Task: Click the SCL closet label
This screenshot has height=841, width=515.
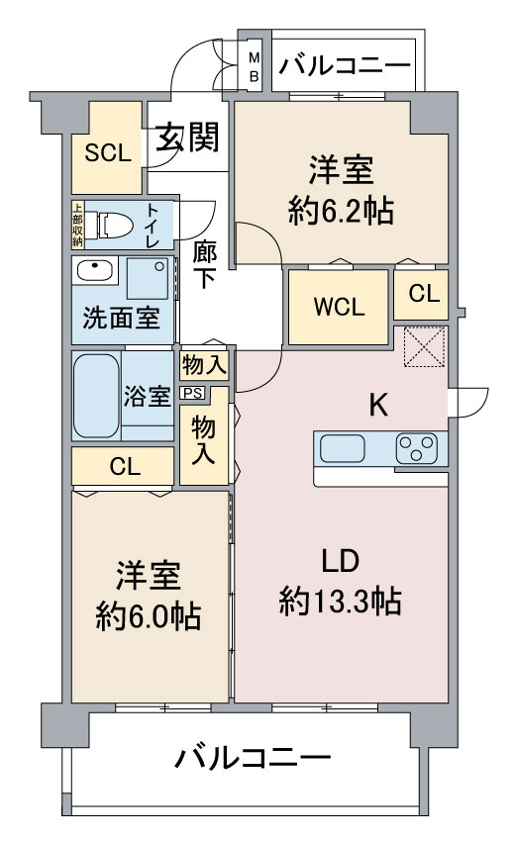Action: pyautogui.click(x=108, y=154)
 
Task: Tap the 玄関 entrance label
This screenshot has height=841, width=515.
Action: pyautogui.click(x=188, y=137)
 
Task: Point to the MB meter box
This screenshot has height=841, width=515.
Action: pyautogui.click(x=254, y=67)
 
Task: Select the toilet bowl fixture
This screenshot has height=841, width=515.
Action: pyautogui.click(x=110, y=225)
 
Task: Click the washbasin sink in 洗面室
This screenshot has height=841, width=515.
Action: pyautogui.click(x=94, y=271)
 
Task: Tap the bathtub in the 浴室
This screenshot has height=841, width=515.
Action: pyautogui.click(x=97, y=396)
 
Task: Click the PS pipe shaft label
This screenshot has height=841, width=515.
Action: pyautogui.click(x=192, y=393)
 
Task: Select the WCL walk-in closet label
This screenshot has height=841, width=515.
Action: pyautogui.click(x=339, y=307)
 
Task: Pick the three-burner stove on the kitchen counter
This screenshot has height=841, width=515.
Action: pyautogui.click(x=417, y=449)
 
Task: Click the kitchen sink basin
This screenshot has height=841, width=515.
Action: pyautogui.click(x=343, y=448)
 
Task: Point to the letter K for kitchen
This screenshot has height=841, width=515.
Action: pyautogui.click(x=378, y=405)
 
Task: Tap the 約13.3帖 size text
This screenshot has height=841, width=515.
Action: pyautogui.click(x=341, y=601)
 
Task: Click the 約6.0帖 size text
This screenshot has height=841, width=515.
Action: pyautogui.click(x=149, y=616)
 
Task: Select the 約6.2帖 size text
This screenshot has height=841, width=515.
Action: pyautogui.click(x=341, y=211)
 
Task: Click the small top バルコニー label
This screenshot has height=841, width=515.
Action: pyautogui.click(x=345, y=66)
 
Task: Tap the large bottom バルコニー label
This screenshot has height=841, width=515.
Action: pyautogui.click(x=253, y=758)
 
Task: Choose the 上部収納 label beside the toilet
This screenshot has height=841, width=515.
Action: pyautogui.click(x=78, y=225)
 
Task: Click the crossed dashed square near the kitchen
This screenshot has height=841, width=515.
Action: pyautogui.click(x=424, y=346)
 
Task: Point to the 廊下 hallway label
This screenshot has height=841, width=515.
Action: pyautogui.click(x=204, y=264)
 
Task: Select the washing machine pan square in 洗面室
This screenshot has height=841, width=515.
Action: pyautogui.click(x=148, y=277)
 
